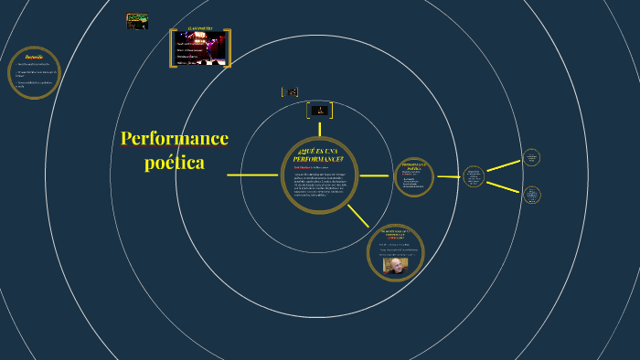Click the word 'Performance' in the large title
click(x=174, y=138)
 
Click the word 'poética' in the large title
click(x=174, y=163)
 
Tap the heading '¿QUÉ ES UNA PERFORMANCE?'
click(x=319, y=153)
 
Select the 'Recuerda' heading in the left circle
click(x=34, y=57)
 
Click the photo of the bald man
click(x=395, y=265)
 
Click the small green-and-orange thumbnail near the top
click(x=137, y=20)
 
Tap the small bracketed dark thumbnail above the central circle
click(x=319, y=110)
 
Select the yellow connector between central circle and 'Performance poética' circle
click(x=374, y=175)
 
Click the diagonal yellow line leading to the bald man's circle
click(x=357, y=216)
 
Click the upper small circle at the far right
click(x=531, y=157)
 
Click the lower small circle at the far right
click(x=531, y=194)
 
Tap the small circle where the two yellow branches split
click(x=473, y=176)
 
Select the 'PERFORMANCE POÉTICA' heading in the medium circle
click(x=413, y=166)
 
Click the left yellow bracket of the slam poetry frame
click(x=172, y=48)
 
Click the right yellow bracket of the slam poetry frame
click(x=229, y=48)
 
